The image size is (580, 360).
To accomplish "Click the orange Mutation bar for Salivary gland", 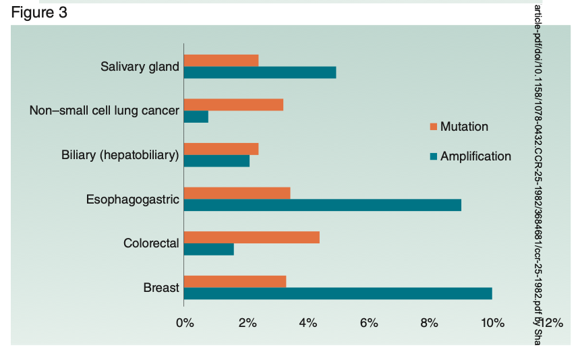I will point(221,61).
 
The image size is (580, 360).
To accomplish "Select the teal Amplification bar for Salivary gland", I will point(260,73).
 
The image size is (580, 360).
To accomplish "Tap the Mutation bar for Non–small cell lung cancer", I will point(233,104).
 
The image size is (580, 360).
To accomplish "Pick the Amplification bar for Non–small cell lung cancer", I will point(196,117).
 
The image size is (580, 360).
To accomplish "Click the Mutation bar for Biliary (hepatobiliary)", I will point(221,149).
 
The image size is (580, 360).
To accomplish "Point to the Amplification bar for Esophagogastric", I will point(322,205).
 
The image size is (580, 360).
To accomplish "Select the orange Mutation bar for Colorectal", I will point(252,237).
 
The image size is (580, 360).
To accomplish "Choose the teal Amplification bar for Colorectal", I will point(209,249).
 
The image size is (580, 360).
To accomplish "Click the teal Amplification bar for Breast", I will point(338,293).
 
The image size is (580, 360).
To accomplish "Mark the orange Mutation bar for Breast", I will point(235,281).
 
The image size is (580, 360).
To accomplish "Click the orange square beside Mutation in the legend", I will point(434,127).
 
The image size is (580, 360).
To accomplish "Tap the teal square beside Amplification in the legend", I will point(434,156).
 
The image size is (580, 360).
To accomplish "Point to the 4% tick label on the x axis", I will point(308,322).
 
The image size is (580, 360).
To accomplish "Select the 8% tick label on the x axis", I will point(430,322).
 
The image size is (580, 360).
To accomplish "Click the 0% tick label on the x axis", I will point(185,322).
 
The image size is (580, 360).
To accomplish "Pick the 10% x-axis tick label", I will point(493,322).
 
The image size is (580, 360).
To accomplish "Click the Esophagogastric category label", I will point(132,200).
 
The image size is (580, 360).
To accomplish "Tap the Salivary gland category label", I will point(140,67).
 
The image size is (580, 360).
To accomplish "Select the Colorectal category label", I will point(151,243).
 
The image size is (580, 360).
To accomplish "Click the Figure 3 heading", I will point(39,13).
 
